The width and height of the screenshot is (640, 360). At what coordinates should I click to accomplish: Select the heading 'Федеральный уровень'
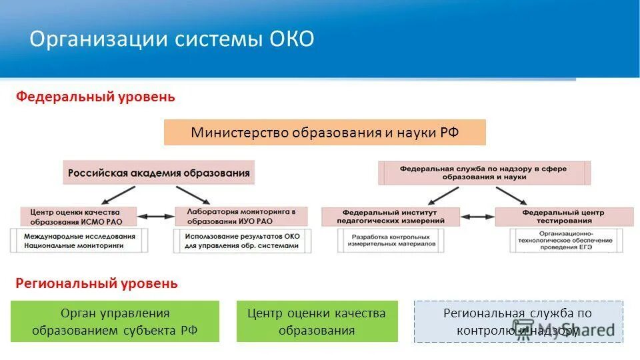(95, 97)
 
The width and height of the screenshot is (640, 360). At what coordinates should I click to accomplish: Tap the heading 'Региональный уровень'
(97, 284)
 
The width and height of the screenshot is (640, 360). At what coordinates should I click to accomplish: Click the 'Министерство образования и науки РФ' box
(325, 132)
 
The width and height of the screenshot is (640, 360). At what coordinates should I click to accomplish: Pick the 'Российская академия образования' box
(159, 173)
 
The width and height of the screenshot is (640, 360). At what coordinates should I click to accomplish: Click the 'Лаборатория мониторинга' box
(242, 216)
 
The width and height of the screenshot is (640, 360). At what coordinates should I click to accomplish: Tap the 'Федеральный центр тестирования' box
(563, 216)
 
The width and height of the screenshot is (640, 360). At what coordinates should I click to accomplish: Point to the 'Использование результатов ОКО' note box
(242, 241)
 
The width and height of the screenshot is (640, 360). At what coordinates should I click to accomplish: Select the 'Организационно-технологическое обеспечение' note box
(563, 241)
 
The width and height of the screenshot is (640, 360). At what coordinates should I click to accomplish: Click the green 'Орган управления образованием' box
(115, 321)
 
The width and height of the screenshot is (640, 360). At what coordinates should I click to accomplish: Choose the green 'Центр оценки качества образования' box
(317, 321)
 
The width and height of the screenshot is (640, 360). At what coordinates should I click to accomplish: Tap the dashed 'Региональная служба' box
(518, 321)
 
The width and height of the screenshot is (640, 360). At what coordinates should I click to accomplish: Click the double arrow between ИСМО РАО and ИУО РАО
(155, 216)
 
